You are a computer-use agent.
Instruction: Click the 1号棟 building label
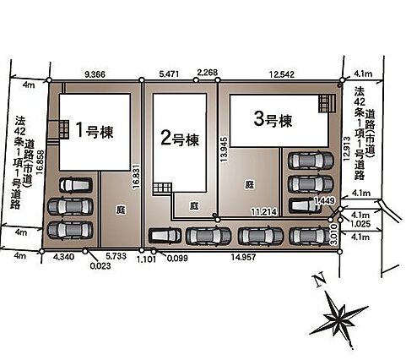tap(95, 131)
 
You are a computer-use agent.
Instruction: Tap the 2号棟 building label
tap(180, 139)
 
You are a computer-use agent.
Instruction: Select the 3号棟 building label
tap(273, 120)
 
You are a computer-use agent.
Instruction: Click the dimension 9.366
tap(95, 74)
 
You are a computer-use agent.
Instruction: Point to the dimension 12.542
tap(282, 74)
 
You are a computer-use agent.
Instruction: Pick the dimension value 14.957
tap(243, 257)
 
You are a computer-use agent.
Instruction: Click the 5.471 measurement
tap(169, 74)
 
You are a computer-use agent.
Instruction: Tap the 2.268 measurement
tap(208, 73)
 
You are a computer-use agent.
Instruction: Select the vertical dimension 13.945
tap(224, 150)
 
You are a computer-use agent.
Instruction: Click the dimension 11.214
tap(264, 212)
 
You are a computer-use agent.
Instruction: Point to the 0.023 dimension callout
tap(100, 265)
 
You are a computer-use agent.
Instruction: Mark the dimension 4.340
tap(63, 257)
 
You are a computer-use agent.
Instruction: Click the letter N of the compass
tap(319, 281)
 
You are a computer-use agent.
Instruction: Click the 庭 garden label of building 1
tap(121, 210)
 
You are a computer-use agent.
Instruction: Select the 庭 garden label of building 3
tap(249, 184)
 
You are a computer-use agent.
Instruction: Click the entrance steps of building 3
tap(328, 104)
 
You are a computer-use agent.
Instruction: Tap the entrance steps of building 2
tap(162, 188)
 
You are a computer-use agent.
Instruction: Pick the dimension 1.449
tap(325, 201)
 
